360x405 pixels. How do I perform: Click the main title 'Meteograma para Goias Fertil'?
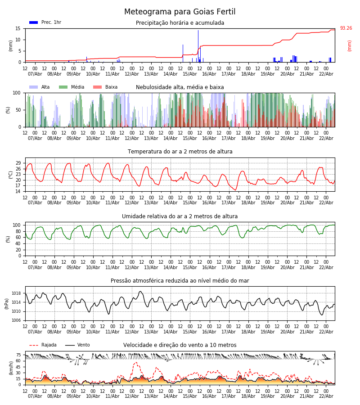[180, 12]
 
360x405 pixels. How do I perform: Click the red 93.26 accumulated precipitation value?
[346, 28]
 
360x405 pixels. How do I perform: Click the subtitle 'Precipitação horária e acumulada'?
[180, 23]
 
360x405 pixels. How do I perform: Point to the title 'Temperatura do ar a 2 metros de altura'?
[180, 152]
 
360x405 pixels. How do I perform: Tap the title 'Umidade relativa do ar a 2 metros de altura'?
[180, 216]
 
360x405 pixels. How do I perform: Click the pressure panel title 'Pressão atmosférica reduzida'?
[180, 281]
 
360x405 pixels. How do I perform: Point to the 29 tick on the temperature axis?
[18, 163]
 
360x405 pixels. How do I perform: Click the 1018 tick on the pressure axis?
[16, 293]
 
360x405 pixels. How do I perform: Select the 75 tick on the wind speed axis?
[18, 355]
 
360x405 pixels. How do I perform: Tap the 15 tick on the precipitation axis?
[18, 28]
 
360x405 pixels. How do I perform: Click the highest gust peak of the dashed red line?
[136, 363]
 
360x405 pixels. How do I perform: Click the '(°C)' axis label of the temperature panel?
[11, 175]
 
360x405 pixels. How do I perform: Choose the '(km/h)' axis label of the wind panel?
[11, 368]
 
